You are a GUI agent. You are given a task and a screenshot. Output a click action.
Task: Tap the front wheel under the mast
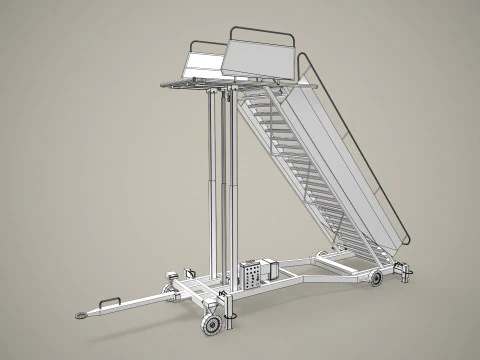tap(212, 326)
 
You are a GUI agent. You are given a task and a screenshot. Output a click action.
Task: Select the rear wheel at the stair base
tap(376, 279)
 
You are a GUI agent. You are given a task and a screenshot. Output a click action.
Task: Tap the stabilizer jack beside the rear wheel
tap(401, 270)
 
